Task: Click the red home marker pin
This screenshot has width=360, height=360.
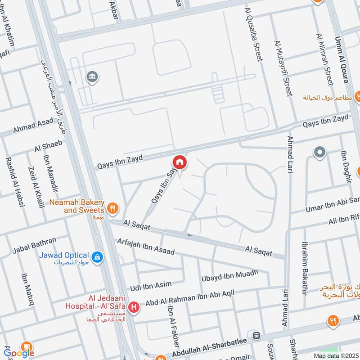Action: pos(179,162)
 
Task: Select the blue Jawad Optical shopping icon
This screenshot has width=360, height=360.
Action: pos(97,257)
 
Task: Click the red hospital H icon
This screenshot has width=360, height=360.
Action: pos(133,308)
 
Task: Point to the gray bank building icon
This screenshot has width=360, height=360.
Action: pos(93,77)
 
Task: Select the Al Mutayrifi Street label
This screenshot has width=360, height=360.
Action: pos(283,68)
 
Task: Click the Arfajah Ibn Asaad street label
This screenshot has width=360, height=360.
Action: pos(145,245)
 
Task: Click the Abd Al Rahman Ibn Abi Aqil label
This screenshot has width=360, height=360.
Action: pos(197,297)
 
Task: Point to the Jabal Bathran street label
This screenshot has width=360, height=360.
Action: pos(35,243)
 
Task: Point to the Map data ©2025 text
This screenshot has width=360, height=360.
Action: pos(336,355)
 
